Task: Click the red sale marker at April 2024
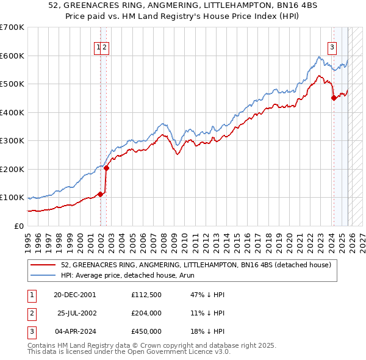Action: pyautogui.click(x=334, y=98)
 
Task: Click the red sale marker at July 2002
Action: pyautogui.click(x=106, y=168)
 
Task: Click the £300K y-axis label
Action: pyautogui.click(x=12, y=140)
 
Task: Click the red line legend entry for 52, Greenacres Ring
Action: pyautogui.click(x=195, y=265)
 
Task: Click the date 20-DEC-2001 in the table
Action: pyautogui.click(x=74, y=295)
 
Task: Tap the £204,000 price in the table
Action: pyautogui.click(x=146, y=313)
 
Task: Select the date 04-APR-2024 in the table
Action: pyautogui.click(x=74, y=331)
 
